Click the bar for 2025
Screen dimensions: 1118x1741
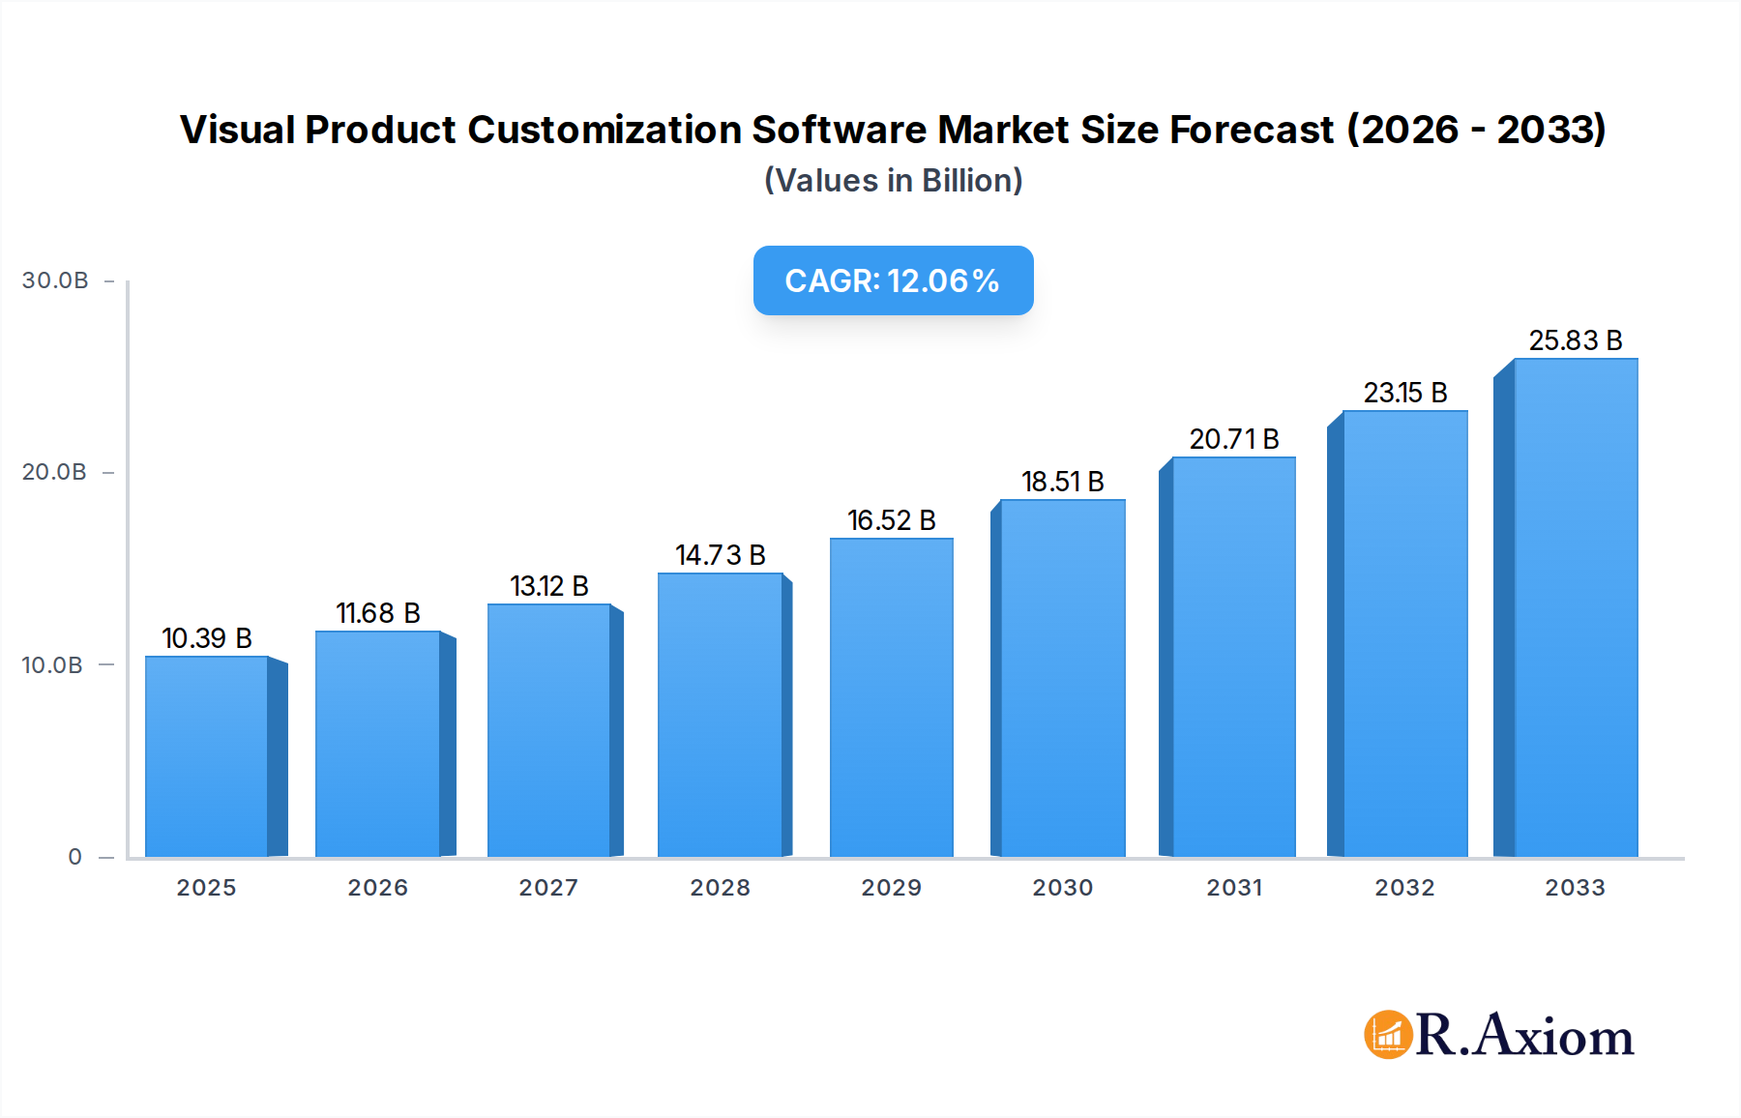(207, 756)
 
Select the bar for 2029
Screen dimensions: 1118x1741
(891, 697)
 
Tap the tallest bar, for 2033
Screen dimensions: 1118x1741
(1575, 607)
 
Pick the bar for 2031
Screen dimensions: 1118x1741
(1233, 657)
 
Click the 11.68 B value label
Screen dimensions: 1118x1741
(378, 613)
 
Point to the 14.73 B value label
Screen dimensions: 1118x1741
(721, 555)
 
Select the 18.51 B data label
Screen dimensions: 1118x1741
(1062, 482)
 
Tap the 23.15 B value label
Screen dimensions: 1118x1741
(1404, 393)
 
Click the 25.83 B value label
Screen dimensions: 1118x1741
(1575, 340)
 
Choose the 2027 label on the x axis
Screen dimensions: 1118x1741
(548, 888)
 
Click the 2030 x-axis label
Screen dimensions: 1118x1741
(1062, 888)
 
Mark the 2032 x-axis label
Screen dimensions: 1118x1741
(1404, 888)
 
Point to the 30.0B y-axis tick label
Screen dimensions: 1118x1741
(55, 280)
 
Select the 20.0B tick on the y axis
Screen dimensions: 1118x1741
(54, 472)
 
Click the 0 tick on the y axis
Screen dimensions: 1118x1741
(75, 857)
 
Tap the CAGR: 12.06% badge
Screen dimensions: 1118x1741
(893, 280)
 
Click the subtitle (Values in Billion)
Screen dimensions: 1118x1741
(893, 181)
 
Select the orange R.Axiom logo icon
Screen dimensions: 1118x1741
(1388, 1035)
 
